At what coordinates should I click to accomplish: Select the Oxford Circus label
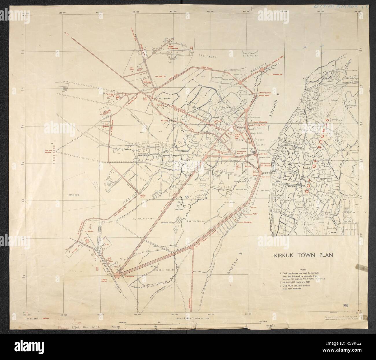148,98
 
